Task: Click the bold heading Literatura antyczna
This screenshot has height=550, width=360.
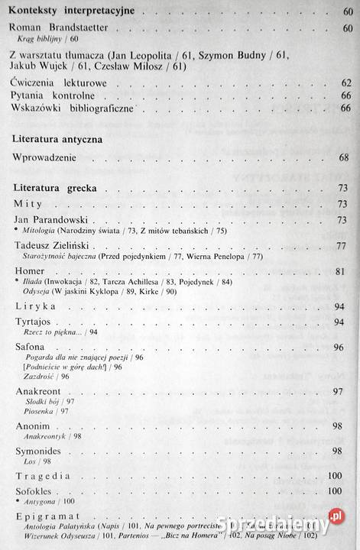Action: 69,141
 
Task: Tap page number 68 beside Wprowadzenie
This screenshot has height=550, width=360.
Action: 345,157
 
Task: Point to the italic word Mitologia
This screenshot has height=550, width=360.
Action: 41,230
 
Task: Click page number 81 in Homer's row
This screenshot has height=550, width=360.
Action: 345,272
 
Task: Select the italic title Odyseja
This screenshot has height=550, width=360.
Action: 41,293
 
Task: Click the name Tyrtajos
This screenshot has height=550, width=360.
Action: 36,322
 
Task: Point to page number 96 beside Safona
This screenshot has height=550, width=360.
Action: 345,348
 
